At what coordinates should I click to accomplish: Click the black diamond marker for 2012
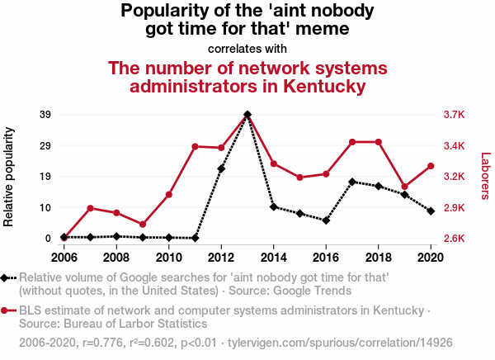coord(221,168)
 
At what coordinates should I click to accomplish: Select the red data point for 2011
coord(195,146)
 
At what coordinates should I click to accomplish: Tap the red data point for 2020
coord(431,166)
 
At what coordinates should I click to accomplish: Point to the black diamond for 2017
coord(352,182)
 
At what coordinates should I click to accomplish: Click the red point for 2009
coord(143,225)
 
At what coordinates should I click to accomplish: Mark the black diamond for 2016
coord(326,220)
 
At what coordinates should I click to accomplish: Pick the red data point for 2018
coord(379,142)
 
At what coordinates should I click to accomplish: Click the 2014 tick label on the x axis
coord(274,258)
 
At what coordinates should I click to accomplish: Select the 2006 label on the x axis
coord(64,258)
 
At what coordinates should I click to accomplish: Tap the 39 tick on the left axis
coord(45,115)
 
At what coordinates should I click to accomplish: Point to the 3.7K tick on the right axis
coord(455,115)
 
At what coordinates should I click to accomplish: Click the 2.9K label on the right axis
coord(455,208)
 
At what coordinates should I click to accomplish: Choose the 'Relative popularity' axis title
coord(10,177)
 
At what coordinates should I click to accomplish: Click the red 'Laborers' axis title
coord(485,177)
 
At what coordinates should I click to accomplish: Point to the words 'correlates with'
coord(247,48)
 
